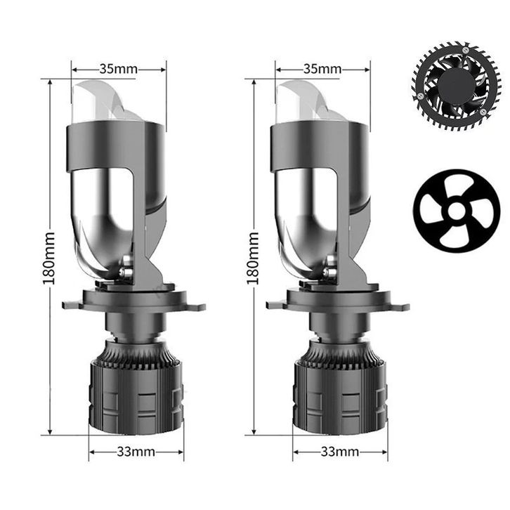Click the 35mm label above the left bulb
click(x=119, y=70)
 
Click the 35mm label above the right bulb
click(x=322, y=70)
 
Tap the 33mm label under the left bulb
click(x=136, y=452)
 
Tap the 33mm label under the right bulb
click(x=340, y=452)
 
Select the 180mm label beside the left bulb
click(x=48, y=259)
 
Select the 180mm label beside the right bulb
click(x=253, y=259)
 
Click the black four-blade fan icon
click(x=457, y=211)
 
